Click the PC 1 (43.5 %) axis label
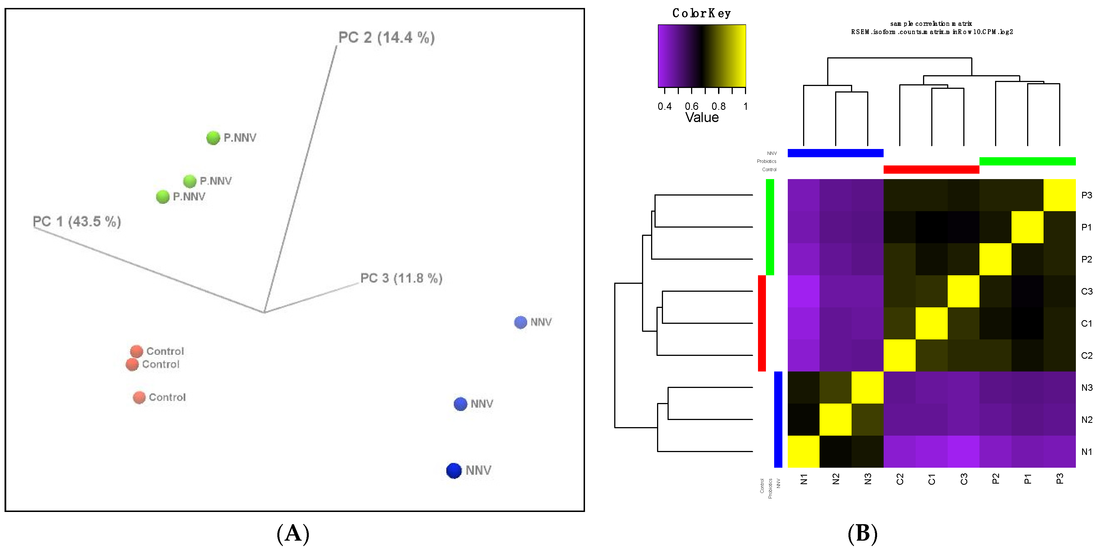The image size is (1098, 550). pos(77,221)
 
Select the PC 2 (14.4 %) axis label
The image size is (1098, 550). pos(386,37)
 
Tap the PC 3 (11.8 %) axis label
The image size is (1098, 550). pos(401,278)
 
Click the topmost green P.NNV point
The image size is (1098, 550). pos(213,138)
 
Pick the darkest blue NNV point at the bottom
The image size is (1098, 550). pos(454,471)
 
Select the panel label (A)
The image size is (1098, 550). pos(293,533)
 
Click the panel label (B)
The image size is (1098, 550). pos(862,533)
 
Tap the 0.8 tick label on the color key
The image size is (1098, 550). pos(718,106)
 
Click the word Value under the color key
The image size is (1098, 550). pos(702,117)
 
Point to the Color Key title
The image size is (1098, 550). pos(702,13)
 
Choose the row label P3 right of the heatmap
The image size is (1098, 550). pos(1086,196)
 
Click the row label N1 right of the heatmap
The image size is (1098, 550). pos(1086,452)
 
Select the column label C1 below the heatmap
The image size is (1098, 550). pos(932,480)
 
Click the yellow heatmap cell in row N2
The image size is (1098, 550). pos(835,419)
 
